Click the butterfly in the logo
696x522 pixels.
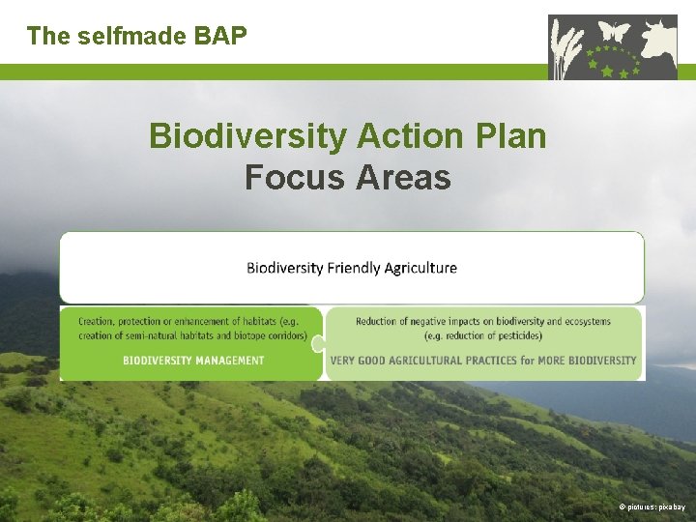(614, 31)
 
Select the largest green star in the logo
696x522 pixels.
(607, 71)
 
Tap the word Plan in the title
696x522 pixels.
(510, 136)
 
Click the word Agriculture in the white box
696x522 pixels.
(421, 268)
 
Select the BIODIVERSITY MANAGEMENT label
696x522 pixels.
(193, 361)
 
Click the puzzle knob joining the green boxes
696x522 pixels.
(318, 343)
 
